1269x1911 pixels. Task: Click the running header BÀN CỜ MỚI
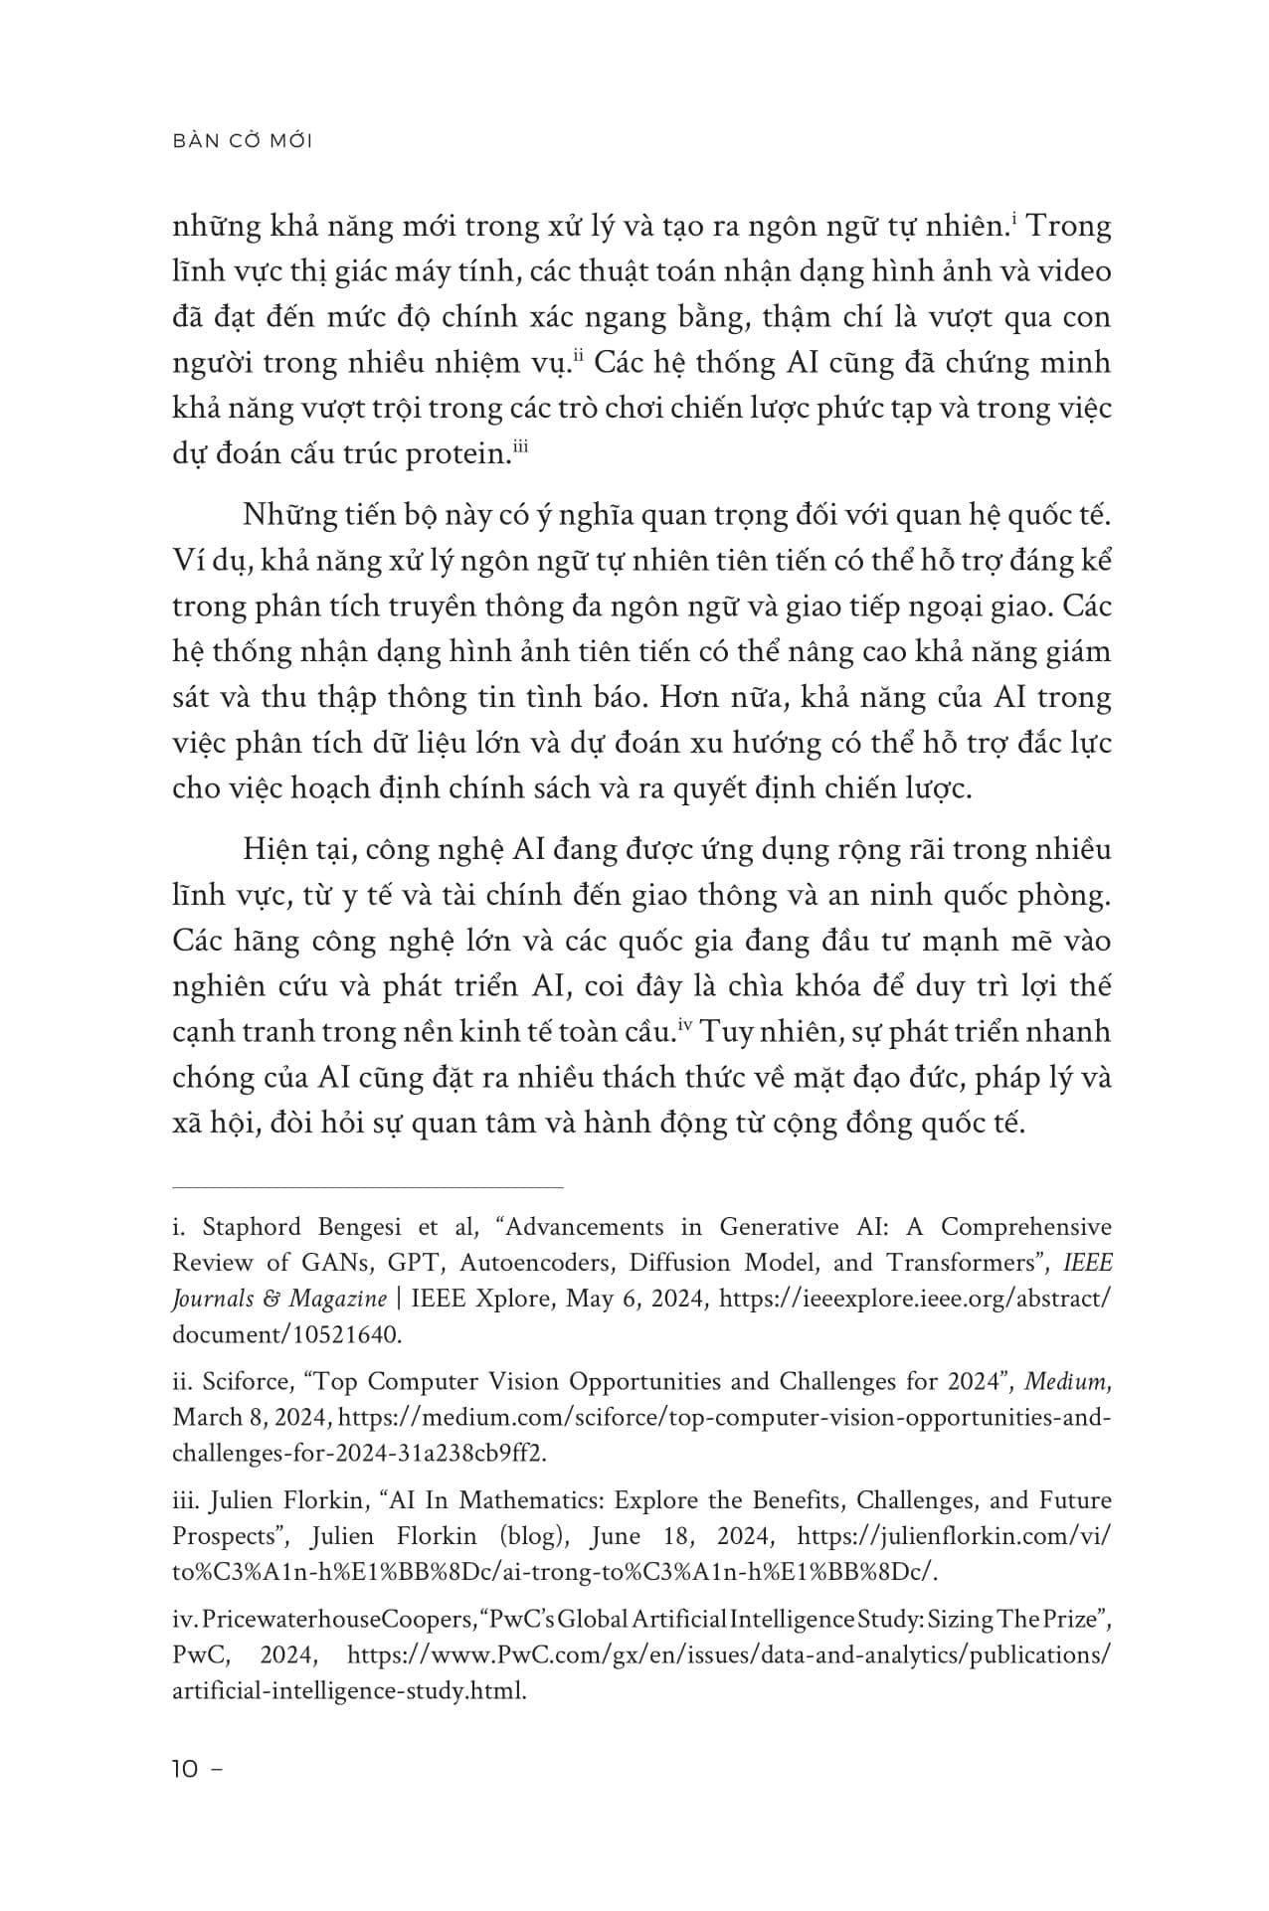click(243, 141)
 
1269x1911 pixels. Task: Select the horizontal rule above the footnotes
click(368, 1186)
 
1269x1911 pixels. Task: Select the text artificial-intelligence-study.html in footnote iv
click(348, 1690)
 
